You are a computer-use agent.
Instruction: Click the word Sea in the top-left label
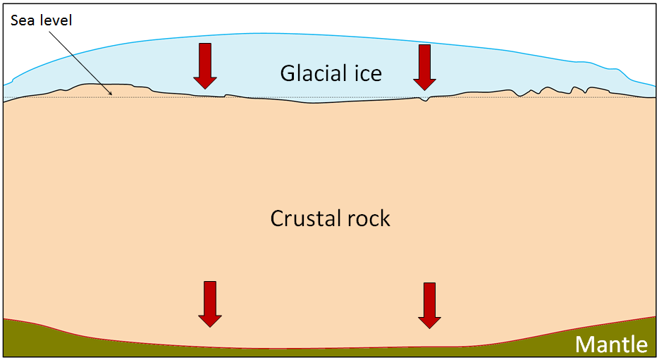22,20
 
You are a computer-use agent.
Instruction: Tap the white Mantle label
611,345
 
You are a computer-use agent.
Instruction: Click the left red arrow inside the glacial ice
205,66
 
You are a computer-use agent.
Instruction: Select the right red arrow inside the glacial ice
424,67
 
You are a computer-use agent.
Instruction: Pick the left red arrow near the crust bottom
210,304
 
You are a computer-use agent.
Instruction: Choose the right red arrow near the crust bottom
429,305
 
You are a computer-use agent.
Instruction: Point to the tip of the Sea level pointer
111,94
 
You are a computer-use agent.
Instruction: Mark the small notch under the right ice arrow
424,100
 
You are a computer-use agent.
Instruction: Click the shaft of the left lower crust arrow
210,296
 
